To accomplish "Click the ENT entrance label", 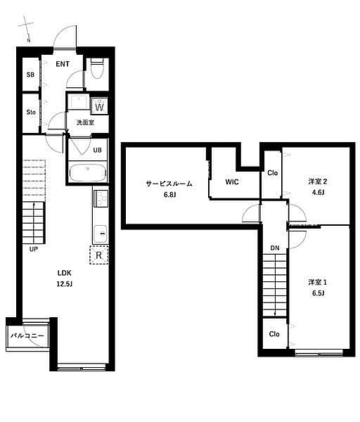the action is pos(63,64).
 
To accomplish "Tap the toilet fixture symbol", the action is pos(97,68).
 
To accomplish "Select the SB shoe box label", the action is pos(30,75).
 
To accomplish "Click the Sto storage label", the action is pos(31,112).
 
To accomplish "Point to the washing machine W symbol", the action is pos(100,105).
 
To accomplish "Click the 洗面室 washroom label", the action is pos(85,122).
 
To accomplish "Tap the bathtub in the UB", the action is pos(87,172).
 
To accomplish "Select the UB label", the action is pos(98,150).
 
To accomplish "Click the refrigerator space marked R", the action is pos(99,255).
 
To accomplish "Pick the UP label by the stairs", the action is pos(33,249).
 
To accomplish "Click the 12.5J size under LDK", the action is pos(65,284).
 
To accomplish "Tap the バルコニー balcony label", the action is pos(27,336).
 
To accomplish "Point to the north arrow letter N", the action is pos(29,41).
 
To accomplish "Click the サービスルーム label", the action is pos(169,184).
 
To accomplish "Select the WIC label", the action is pos(232,182).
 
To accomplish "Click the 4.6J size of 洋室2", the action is pos(318,193).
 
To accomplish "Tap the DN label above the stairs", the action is pos(275,248).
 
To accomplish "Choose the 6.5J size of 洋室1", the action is pos(318,293).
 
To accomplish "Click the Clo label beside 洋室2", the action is pos(273,173).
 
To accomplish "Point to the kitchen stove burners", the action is pos(101,198).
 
